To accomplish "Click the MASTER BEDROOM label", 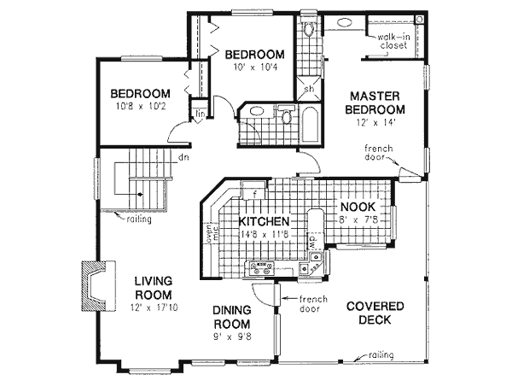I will tap(376, 102).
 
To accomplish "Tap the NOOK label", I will tap(354, 207).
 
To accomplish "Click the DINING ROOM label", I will tap(231, 318).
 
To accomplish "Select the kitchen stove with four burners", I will tap(255, 268).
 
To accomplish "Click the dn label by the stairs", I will tap(183, 157).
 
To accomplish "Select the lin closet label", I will tap(198, 113).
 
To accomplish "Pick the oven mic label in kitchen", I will tap(207, 233).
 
